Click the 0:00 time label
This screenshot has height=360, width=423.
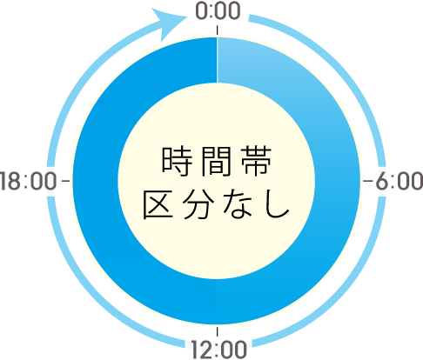[x=218, y=11]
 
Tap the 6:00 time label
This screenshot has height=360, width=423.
[x=399, y=181]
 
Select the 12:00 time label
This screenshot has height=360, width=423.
[x=219, y=350]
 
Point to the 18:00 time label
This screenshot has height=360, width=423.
[x=28, y=181]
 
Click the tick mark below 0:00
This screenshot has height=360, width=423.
[x=217, y=30]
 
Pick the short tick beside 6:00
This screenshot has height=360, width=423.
[x=368, y=181]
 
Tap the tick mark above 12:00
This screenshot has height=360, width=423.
[x=217, y=332]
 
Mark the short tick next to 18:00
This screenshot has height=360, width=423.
[x=66, y=181]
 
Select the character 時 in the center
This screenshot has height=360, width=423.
[x=177, y=161]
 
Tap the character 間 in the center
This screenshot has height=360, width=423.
[x=217, y=161]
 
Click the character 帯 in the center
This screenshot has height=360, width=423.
[x=257, y=161]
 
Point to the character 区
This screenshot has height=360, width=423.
[x=158, y=204]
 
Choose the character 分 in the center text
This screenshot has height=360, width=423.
[x=198, y=204]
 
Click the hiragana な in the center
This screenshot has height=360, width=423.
[x=238, y=204]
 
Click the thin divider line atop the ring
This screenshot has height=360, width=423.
[x=217, y=60]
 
